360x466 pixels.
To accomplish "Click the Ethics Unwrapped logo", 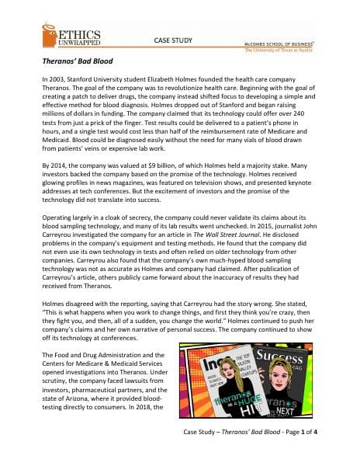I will [x=68, y=36].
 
